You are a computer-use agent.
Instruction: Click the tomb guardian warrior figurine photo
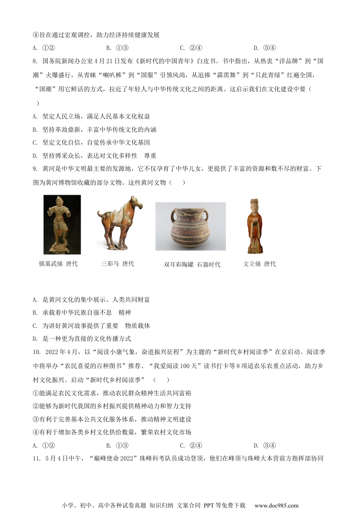coord(62,224)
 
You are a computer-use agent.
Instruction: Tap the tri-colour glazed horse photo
coord(119,224)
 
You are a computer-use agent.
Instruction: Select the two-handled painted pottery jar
coord(191,226)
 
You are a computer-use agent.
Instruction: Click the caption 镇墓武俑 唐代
coord(58,264)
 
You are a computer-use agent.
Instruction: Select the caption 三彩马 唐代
coord(117,264)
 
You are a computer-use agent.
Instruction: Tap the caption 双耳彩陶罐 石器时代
coord(192,264)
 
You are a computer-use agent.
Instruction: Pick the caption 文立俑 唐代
coord(259,264)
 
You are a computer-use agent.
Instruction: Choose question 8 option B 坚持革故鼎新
coord(95,130)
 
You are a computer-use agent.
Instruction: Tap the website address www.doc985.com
coord(276,505)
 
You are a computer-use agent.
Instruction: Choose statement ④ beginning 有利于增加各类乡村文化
coord(112,432)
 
